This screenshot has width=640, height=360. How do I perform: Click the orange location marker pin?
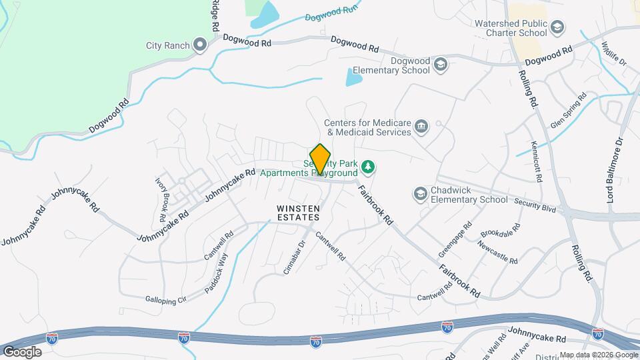[x=321, y=159]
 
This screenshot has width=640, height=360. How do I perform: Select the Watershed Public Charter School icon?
[x=557, y=27]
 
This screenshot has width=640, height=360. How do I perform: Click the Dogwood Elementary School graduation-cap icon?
[x=440, y=64]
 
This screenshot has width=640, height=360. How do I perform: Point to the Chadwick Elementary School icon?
[x=420, y=193]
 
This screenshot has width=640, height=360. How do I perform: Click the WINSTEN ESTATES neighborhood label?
[x=298, y=213]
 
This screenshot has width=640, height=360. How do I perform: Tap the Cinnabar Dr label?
[x=293, y=255]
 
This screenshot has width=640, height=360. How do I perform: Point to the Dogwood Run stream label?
[x=331, y=13]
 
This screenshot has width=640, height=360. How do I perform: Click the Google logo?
[x=21, y=351]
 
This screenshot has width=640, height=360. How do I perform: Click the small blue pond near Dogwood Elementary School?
[x=353, y=78]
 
